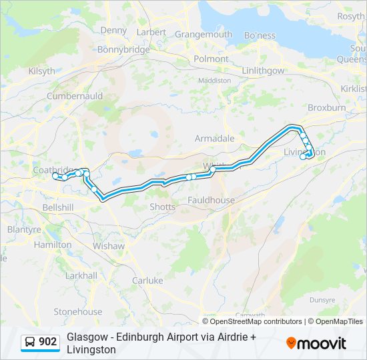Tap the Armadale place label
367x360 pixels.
pyautogui.click(x=214, y=139)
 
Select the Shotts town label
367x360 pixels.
pyautogui.click(x=162, y=207)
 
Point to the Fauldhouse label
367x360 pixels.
pyautogui.click(x=211, y=200)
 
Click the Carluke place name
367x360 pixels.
pyautogui.click(x=147, y=281)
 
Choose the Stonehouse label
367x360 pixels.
pyautogui.click(x=78, y=311)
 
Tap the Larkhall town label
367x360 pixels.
pyautogui.click(x=81, y=275)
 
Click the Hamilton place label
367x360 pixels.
pyautogui.click(x=53, y=245)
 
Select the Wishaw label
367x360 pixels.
pyautogui.click(x=109, y=246)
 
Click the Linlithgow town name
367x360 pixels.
pyautogui.click(x=263, y=71)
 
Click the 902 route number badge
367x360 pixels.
pyautogui.click(x=40, y=342)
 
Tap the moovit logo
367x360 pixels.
pyautogui.click(x=316, y=343)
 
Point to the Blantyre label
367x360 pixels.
pyautogui.click(x=24, y=229)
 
